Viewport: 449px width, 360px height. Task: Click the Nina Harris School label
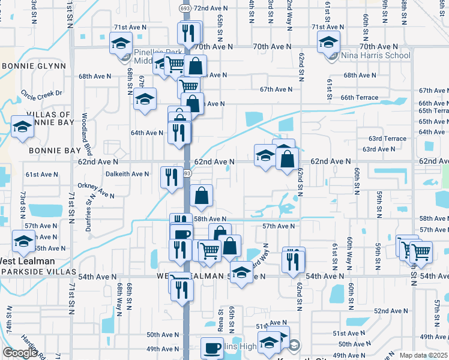pos(376,56)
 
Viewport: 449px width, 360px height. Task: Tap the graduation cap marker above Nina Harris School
pos(328,42)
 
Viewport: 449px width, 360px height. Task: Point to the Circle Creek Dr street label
pos(41,93)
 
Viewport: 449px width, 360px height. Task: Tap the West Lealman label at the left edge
pos(27,261)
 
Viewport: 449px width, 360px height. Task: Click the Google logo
pos(20,353)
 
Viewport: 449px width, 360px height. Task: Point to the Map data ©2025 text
pos(423,355)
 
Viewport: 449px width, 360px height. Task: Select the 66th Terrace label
pos(360,97)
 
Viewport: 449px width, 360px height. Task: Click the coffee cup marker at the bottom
pos(212,348)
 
